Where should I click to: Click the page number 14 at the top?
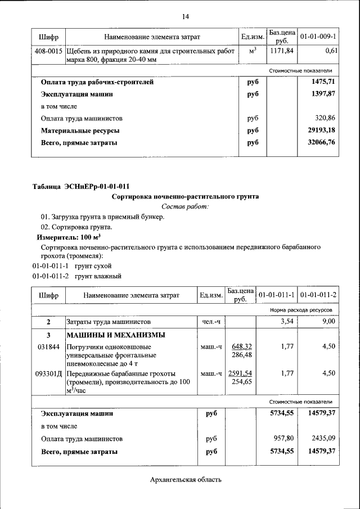click(x=185, y=16)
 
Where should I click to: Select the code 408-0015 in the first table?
click(x=49, y=51)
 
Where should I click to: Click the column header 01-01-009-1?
click(x=318, y=37)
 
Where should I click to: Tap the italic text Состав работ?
click(x=185, y=207)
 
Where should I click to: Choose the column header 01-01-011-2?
click(x=318, y=295)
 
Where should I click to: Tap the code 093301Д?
click(x=49, y=373)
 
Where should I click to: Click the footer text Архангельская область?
click(x=186, y=480)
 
